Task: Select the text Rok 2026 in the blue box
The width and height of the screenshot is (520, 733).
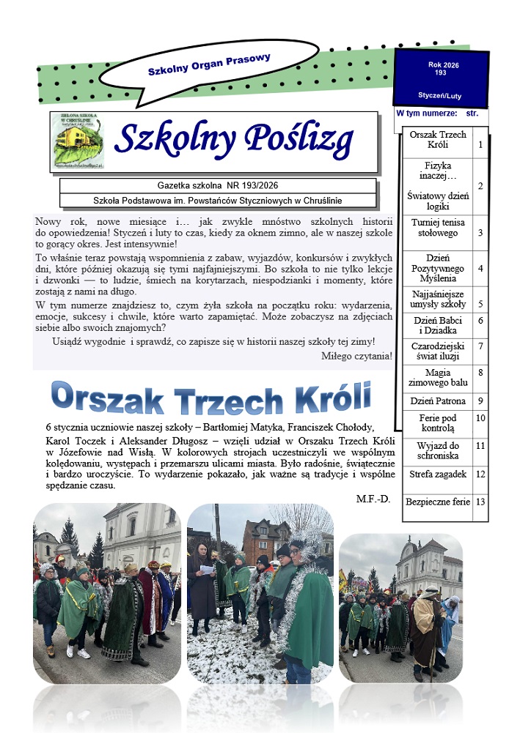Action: coord(443,65)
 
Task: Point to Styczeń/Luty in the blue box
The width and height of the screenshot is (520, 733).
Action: coord(440,96)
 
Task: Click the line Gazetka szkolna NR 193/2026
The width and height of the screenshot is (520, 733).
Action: coord(218,185)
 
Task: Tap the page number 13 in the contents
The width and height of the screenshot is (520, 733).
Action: coord(480,502)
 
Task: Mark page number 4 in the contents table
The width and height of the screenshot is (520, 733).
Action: coord(480,269)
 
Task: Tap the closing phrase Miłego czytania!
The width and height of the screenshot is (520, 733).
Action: coord(356,357)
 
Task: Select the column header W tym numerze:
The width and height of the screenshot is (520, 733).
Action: coord(427,114)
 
